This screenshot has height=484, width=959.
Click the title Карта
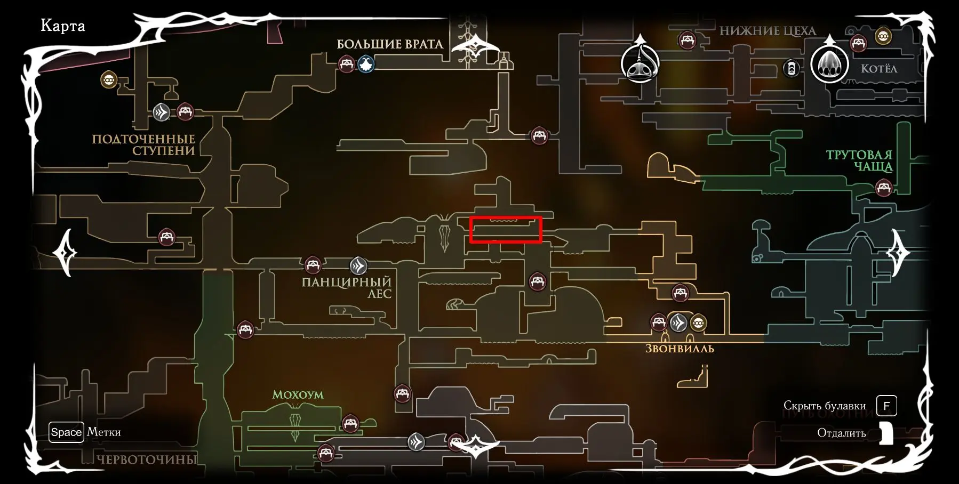pyautogui.click(x=62, y=26)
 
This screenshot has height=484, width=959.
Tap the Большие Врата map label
pyautogui.click(x=390, y=44)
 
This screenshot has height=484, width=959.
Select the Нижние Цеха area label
pyautogui.click(x=768, y=31)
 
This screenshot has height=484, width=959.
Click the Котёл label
pyautogui.click(x=879, y=68)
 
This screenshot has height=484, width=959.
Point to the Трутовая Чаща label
pyautogui.click(x=859, y=160)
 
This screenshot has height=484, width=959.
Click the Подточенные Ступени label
pyautogui.click(x=143, y=144)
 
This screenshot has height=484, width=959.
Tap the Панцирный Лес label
pyautogui.click(x=347, y=287)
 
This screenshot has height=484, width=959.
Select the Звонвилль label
pyautogui.click(x=680, y=349)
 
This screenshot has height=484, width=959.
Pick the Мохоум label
pyautogui.click(x=298, y=394)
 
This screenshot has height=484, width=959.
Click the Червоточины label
pyautogui.click(x=147, y=459)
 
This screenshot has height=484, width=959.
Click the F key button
pyautogui.click(x=886, y=406)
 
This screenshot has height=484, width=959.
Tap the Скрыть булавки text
pyautogui.click(x=825, y=406)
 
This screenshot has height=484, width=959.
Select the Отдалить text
pyautogui.click(x=841, y=433)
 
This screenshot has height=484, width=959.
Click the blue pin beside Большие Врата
pyautogui.click(x=366, y=64)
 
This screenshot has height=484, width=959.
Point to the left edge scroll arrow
pyautogui.click(x=66, y=252)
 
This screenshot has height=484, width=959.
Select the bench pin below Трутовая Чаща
pyautogui.click(x=884, y=188)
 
